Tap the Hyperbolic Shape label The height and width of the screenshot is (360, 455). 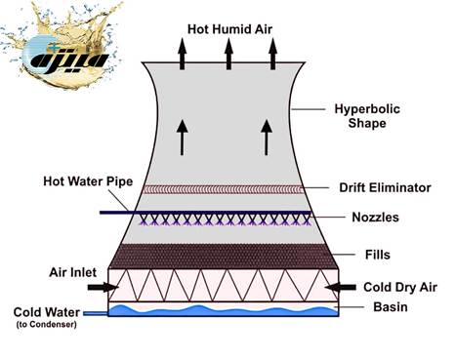pyautogui.click(x=364, y=115)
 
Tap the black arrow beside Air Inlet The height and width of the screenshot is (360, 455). pyautogui.click(x=100, y=288)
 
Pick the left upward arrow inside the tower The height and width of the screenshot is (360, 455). pyautogui.click(x=182, y=139)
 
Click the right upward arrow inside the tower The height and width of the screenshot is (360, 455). pyautogui.click(x=268, y=139)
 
